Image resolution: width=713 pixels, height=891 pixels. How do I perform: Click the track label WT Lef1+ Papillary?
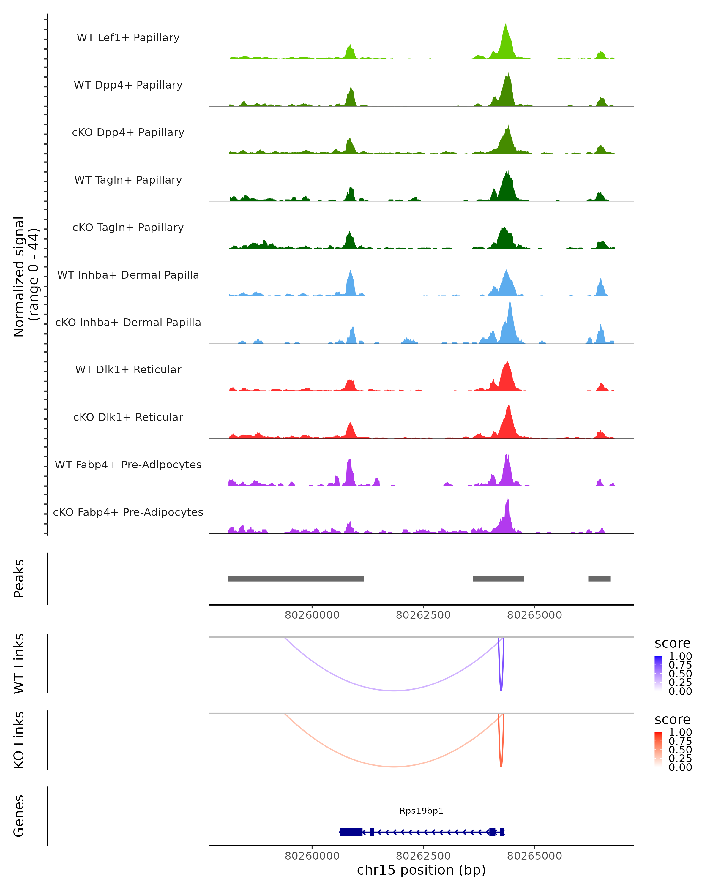[x=128, y=38]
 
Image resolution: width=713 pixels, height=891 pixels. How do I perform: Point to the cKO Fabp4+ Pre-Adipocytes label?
[x=128, y=512]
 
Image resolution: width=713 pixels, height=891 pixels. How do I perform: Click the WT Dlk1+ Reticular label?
[x=128, y=369]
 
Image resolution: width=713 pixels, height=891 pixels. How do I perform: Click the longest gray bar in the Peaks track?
[x=296, y=579]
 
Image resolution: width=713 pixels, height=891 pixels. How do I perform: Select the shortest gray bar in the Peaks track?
[x=599, y=579]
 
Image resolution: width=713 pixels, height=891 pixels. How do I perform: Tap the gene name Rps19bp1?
[x=421, y=811]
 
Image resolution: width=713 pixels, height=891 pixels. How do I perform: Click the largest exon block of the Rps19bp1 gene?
[x=351, y=832]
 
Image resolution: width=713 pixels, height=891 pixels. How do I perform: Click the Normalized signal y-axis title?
[x=26, y=277]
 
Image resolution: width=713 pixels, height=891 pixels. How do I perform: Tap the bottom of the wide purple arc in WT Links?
[x=395, y=691]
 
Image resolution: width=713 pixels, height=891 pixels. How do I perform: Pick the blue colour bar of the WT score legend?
[x=658, y=672]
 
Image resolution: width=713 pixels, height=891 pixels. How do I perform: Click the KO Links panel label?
[x=19, y=740]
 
